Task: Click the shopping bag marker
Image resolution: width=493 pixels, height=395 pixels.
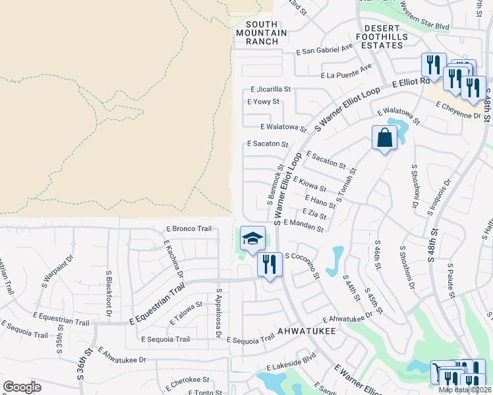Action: (385, 138)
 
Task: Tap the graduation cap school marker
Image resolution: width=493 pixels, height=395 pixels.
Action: (252, 239)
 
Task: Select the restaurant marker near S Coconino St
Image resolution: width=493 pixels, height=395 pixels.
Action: (269, 265)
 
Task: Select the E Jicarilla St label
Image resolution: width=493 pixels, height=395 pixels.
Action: (271, 89)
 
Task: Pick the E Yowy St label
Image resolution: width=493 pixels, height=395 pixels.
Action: (263, 102)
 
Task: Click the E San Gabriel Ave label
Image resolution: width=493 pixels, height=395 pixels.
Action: (324, 49)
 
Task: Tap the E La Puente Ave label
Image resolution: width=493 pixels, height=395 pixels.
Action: (346, 71)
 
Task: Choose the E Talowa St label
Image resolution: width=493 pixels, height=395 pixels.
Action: (185, 313)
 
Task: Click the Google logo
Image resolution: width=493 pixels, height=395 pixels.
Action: (22, 387)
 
